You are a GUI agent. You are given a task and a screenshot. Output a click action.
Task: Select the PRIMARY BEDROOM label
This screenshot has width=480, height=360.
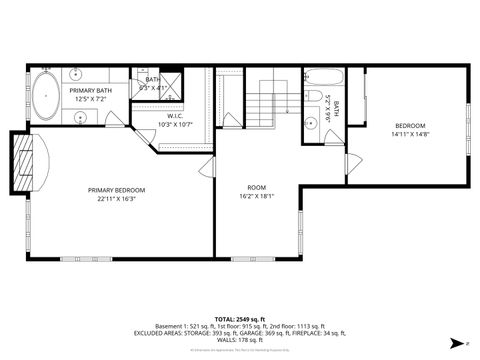tap(117, 190)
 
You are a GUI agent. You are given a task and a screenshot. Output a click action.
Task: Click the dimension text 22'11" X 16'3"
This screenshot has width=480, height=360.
tap(117, 198)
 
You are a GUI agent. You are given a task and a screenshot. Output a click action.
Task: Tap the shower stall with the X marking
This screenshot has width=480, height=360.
tap(172, 81)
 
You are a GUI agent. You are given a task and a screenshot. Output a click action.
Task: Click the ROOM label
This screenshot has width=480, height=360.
tap(257, 188)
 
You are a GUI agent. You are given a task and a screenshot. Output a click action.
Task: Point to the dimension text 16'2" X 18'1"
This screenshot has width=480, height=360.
tap(257, 196)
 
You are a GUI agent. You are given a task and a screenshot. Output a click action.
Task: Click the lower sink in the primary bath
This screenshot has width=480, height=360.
tap(80, 117)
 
